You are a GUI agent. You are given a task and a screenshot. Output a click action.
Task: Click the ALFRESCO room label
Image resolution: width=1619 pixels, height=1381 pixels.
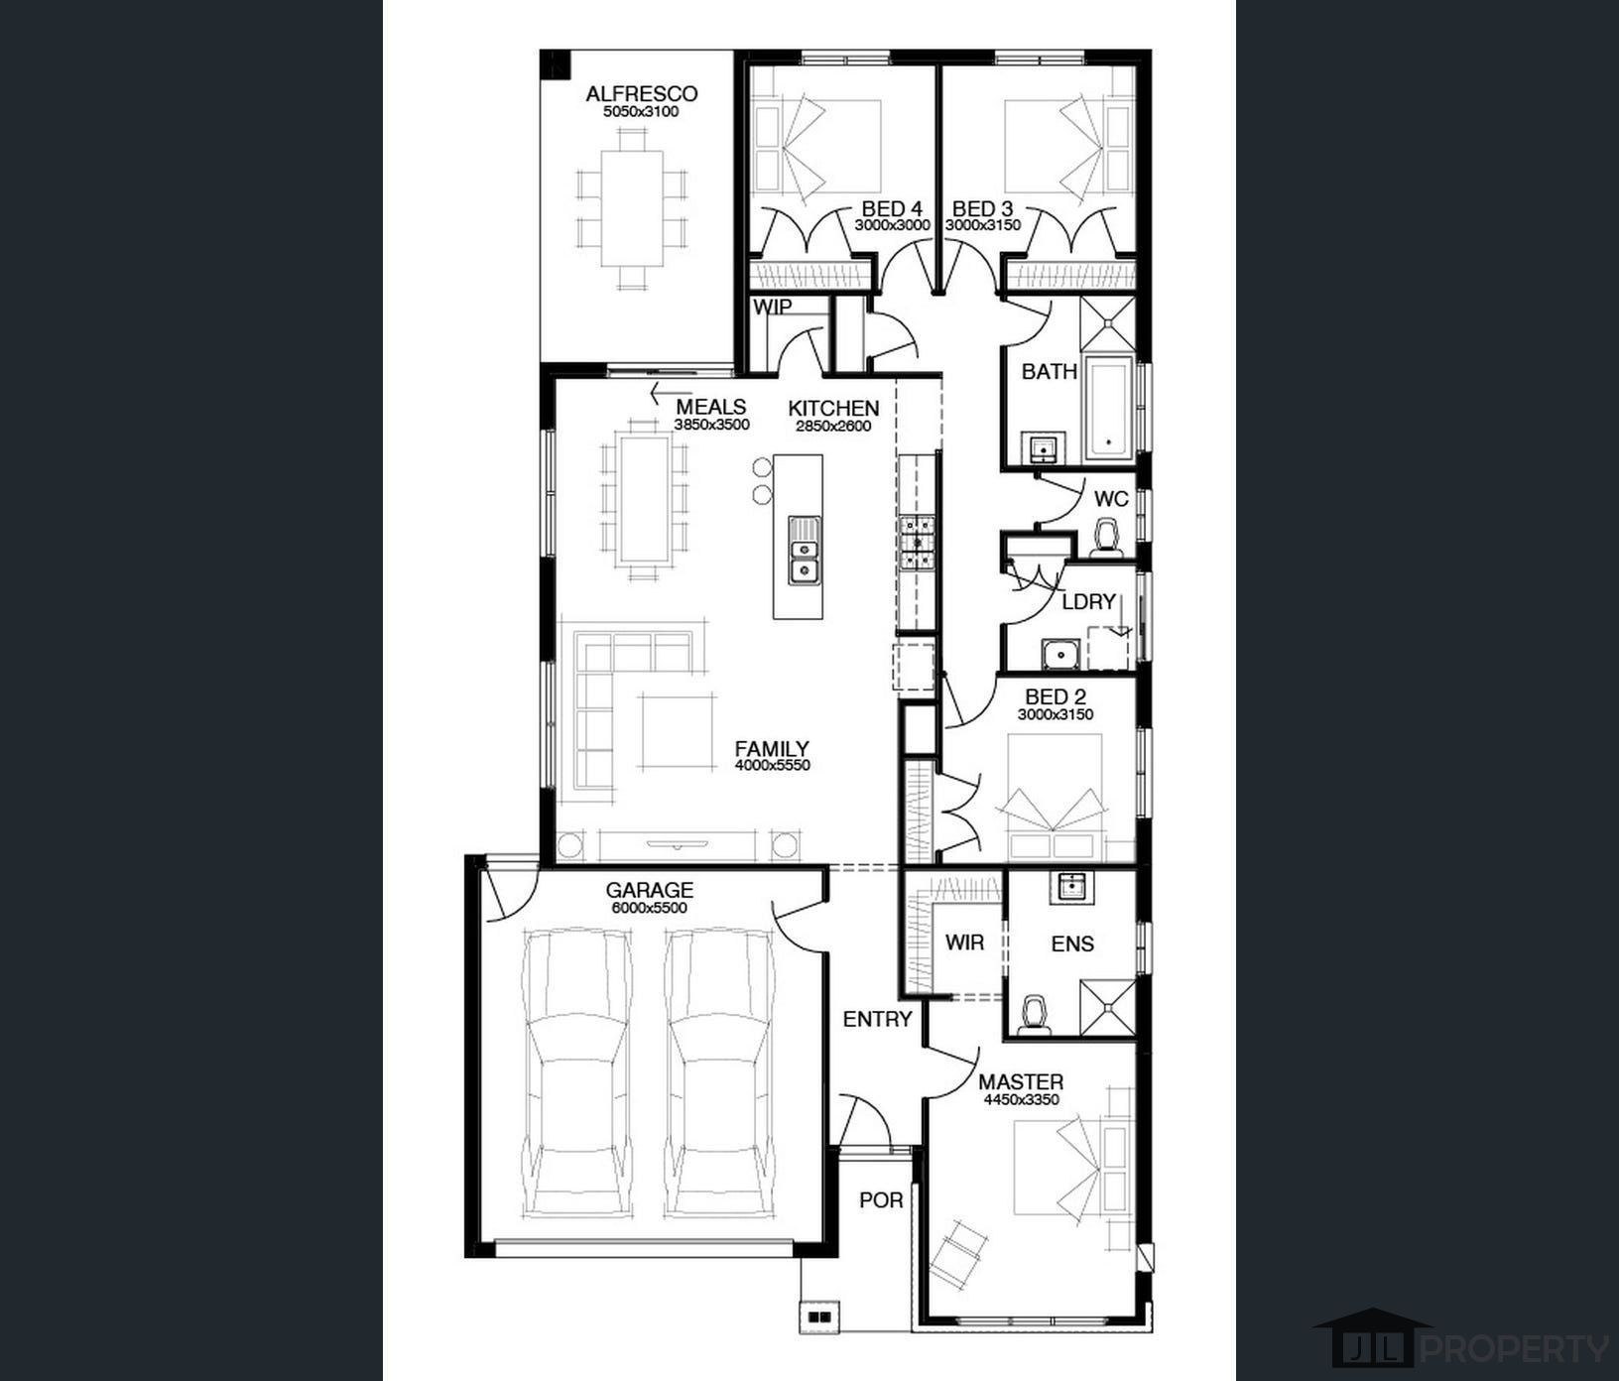pyautogui.click(x=642, y=94)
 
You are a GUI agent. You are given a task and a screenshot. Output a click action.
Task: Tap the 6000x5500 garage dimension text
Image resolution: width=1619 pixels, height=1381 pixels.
pyautogui.click(x=649, y=908)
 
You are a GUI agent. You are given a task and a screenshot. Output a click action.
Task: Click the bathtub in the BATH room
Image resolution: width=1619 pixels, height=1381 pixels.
pyautogui.click(x=1108, y=408)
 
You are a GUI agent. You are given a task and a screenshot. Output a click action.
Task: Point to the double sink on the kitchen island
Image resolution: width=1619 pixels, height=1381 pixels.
pyautogui.click(x=804, y=551)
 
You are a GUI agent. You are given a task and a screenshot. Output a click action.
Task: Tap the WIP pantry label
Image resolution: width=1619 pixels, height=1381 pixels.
pyautogui.click(x=772, y=308)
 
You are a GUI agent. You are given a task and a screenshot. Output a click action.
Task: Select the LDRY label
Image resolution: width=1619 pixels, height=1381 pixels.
pyautogui.click(x=1089, y=602)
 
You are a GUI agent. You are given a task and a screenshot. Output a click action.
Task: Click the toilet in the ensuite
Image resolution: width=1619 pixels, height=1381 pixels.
pyautogui.click(x=1036, y=1015)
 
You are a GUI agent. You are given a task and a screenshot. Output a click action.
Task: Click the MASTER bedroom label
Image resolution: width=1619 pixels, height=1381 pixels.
pyautogui.click(x=1021, y=1082)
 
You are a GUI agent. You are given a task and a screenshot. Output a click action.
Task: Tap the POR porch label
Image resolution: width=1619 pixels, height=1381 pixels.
pyautogui.click(x=881, y=1200)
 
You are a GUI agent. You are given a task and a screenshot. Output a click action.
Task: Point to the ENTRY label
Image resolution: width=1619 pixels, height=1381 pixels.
pyautogui.click(x=877, y=1019)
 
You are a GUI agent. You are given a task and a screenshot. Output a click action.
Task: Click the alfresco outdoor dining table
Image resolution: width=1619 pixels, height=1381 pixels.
pyautogui.click(x=632, y=207)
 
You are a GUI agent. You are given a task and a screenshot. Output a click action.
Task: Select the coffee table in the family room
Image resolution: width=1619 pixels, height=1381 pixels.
pyautogui.click(x=678, y=732)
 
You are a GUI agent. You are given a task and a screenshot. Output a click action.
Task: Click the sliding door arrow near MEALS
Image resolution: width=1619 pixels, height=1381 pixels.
pyautogui.click(x=670, y=394)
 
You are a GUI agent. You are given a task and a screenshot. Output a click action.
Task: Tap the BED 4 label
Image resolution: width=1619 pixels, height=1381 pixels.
pyautogui.click(x=892, y=209)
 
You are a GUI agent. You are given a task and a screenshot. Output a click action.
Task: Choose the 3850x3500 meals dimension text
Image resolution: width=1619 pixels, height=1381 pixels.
pyautogui.click(x=712, y=425)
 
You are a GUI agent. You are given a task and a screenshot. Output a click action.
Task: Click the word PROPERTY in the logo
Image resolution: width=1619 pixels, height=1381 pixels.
pyautogui.click(x=1516, y=1348)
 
